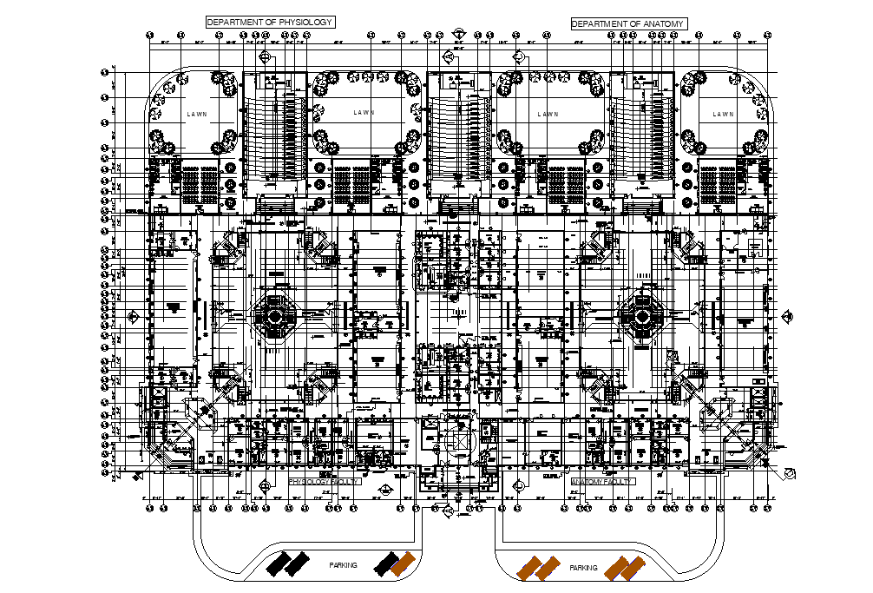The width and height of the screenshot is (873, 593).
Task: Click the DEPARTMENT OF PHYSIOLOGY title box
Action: pos(270,22)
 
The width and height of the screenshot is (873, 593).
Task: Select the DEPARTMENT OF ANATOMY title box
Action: pos(628,23)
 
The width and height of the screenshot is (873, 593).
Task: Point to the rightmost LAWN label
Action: pos(723,114)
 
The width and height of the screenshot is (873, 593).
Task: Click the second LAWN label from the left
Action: pos(364,113)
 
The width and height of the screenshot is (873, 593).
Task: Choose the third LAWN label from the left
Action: pos(548,114)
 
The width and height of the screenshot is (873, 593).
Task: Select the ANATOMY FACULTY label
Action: pos(603,480)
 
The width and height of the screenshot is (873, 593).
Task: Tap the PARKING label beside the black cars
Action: pos(343,565)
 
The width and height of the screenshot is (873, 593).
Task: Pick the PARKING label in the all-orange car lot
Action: pos(583,568)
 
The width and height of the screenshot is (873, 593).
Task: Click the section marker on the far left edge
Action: pos(133,316)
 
